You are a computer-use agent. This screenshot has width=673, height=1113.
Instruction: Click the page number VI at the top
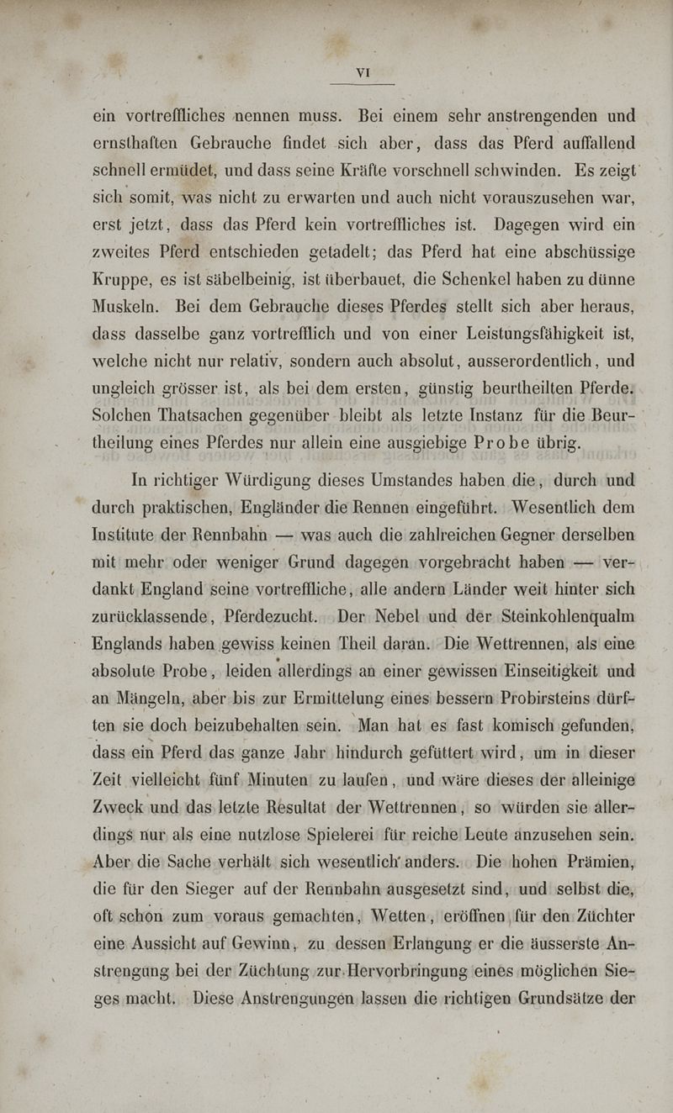coord(363,73)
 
